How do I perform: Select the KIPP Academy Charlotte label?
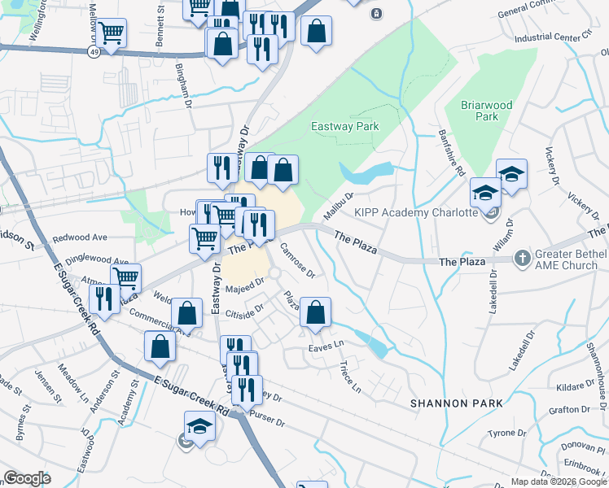(414, 213)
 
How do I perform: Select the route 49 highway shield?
(96, 50)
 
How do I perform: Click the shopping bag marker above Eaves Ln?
(315, 312)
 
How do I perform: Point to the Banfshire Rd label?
(451, 152)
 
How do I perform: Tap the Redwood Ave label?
(80, 237)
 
